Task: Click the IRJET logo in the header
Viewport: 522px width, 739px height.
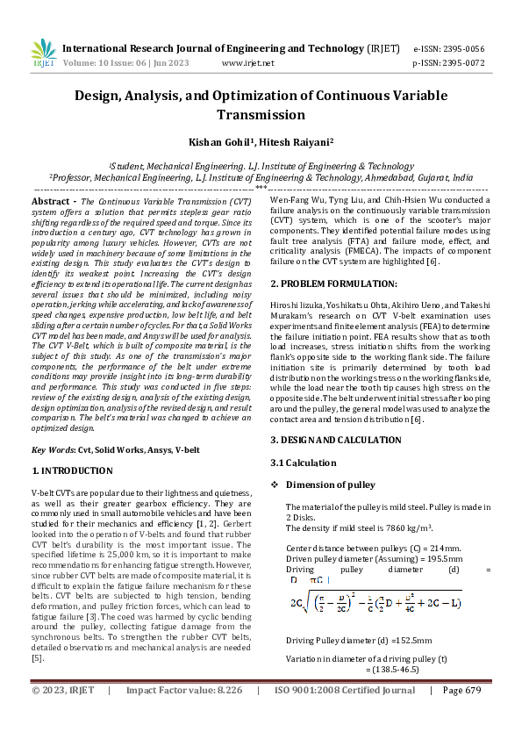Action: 44,54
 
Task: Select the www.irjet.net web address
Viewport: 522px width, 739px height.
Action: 248,63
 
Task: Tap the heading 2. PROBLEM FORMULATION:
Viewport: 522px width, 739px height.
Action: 333,283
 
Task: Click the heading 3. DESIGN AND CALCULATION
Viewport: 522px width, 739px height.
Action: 338,439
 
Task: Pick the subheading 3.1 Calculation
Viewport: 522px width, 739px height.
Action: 303,462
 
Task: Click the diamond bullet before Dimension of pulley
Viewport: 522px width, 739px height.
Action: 275,484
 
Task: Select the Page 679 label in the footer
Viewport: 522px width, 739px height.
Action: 462,715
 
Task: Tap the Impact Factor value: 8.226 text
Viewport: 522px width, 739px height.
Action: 183,715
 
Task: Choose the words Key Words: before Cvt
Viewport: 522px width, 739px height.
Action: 53,449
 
